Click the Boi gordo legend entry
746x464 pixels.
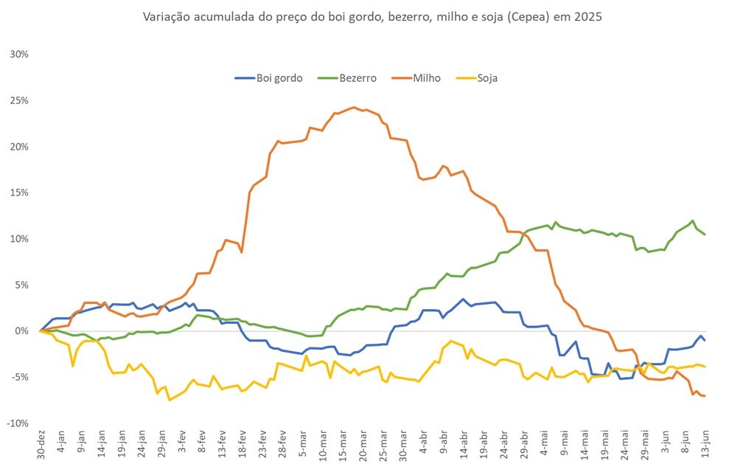point(269,78)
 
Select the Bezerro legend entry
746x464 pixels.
point(347,78)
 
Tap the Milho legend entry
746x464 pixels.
point(416,78)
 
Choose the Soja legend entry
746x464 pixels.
point(477,78)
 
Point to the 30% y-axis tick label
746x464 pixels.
point(19,55)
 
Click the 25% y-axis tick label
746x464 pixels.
point(19,100)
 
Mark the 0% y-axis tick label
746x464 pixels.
point(22,331)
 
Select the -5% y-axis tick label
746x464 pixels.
point(19,377)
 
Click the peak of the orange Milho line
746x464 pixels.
point(354,107)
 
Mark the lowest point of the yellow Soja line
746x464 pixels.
point(169,401)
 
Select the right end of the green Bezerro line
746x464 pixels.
point(705,234)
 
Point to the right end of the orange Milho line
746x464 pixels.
point(705,395)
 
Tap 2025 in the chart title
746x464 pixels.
point(588,17)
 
